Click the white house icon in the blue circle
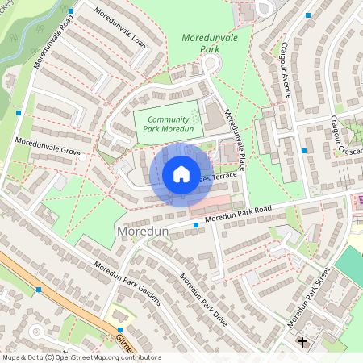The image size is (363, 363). coord(181,174)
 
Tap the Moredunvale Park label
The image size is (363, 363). coord(212,44)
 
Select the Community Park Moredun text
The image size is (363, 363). coord(167,124)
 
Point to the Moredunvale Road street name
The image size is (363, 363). coord(54,40)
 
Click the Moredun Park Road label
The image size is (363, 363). coord(238,213)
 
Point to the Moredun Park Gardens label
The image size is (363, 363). coord(127,283)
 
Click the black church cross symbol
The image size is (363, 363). coord(302,343)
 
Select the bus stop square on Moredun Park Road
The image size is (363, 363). coord(196,225)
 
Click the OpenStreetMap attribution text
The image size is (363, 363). coord(81,357)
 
